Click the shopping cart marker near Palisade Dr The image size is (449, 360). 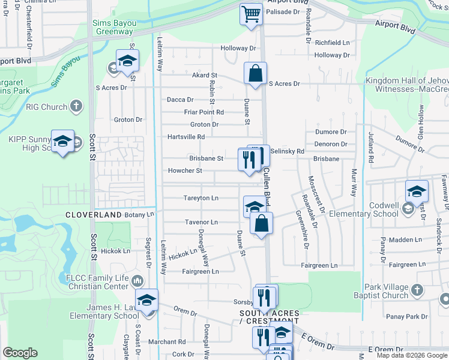click(251, 14)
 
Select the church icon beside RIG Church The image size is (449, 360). click(76, 107)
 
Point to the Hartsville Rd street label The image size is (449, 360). click(186, 137)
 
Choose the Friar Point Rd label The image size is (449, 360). click(203, 112)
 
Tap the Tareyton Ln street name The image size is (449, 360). click(200, 197)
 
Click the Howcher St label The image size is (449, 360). click(185, 171)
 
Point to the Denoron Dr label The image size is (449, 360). click(331, 144)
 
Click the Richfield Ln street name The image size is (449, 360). click(333, 43)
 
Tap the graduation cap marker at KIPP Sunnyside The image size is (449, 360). click(62, 141)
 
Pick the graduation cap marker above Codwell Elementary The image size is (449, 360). click(417, 191)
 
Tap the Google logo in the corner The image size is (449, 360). click(20, 353)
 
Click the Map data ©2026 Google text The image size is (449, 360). click(412, 355)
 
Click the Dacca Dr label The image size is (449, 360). click(180, 100)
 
